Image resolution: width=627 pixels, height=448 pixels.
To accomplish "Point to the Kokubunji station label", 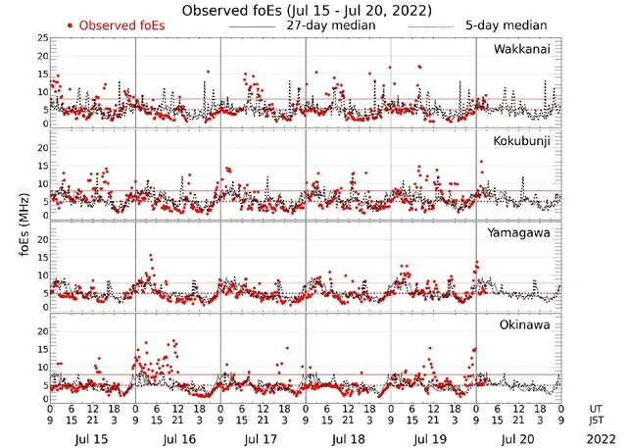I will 519,141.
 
